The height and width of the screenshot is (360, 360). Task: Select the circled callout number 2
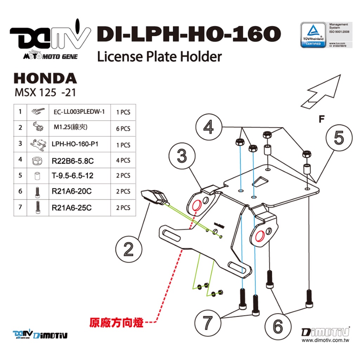pyautogui.click(x=129, y=249)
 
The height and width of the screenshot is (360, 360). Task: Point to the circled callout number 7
pyautogui.click(x=207, y=322)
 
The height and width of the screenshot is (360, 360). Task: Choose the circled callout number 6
pyautogui.click(x=278, y=327)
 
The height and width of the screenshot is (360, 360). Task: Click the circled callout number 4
pyautogui.click(x=209, y=128)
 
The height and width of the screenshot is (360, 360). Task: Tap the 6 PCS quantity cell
pyautogui.click(x=123, y=128)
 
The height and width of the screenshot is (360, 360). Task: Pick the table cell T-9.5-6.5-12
pyautogui.click(x=73, y=175)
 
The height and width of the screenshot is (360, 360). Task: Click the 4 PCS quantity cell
pyautogui.click(x=123, y=160)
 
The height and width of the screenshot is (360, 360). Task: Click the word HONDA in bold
pyautogui.click(x=45, y=78)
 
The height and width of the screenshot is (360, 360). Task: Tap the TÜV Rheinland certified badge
pyautogui.click(x=313, y=34)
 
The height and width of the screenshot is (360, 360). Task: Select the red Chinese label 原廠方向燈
pyautogui.click(x=116, y=322)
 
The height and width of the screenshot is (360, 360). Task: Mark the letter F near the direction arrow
pyautogui.click(x=321, y=119)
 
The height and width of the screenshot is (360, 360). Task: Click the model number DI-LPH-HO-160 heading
pyautogui.click(x=188, y=34)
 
